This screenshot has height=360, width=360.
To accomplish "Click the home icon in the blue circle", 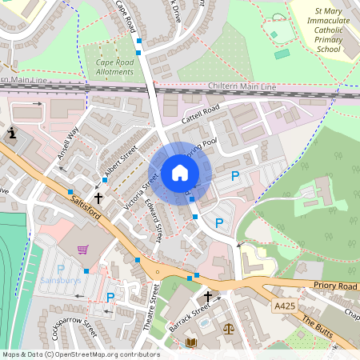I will (x=180, y=173).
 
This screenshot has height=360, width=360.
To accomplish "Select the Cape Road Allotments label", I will (x=114, y=66).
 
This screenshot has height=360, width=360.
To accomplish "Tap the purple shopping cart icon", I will (x=82, y=250).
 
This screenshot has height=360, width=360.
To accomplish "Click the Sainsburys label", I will (x=59, y=282).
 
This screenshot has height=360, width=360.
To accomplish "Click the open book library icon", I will (x=190, y=342).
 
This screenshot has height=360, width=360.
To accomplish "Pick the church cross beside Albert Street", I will (x=98, y=197).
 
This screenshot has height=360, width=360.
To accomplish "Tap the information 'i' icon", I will (x=13, y=133).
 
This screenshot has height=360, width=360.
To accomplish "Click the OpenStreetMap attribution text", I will (x=81, y=354).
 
